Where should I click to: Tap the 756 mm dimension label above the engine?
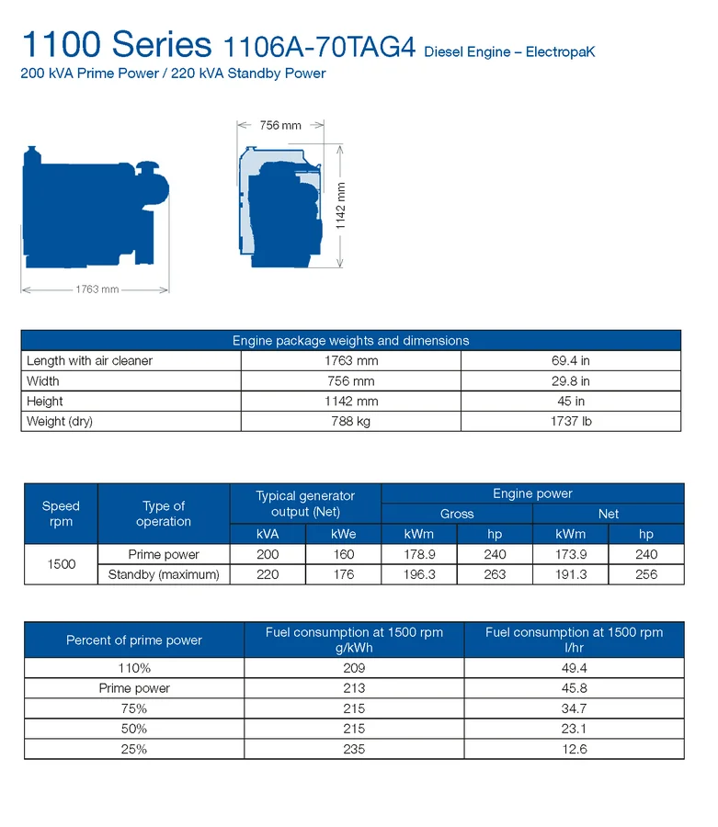click(x=280, y=125)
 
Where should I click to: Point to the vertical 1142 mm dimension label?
click(x=340, y=205)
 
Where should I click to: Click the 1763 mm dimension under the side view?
click(x=97, y=289)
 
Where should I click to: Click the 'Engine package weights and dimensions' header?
click(x=350, y=340)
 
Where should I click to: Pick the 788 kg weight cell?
click(x=350, y=422)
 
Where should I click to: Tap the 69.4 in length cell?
click(x=570, y=361)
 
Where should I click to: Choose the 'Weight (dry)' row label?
click(x=60, y=422)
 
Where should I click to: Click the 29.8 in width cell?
click(x=570, y=381)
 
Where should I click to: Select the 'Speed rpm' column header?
click(x=61, y=514)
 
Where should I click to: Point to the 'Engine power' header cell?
click(x=532, y=493)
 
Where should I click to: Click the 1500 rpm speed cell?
click(x=61, y=564)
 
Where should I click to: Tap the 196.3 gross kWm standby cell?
click(x=418, y=575)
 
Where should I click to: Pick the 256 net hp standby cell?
click(x=646, y=575)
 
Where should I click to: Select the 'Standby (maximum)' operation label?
click(x=164, y=575)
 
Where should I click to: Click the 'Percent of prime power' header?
click(x=134, y=640)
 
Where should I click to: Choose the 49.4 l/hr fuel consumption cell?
click(x=574, y=668)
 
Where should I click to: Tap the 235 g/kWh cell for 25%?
click(x=354, y=749)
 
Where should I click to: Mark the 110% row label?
click(x=134, y=668)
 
